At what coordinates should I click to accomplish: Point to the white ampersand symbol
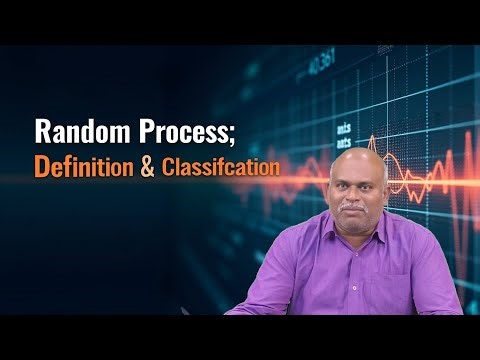148,166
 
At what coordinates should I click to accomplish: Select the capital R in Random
42,132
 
